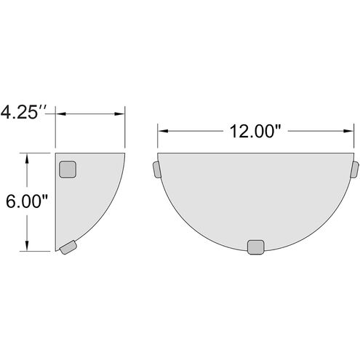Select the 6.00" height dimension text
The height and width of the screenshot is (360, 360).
[x=27, y=201]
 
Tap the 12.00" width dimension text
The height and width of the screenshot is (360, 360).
[x=255, y=132]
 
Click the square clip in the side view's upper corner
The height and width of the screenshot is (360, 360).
[x=68, y=169]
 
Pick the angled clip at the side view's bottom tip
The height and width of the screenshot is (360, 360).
[x=68, y=247]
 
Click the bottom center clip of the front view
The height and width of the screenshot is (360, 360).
[x=255, y=247]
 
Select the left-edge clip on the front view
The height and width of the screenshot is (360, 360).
[x=157, y=169]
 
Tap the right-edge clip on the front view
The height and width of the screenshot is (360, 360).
[x=355, y=169]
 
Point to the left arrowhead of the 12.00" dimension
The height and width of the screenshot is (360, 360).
[x=163, y=131]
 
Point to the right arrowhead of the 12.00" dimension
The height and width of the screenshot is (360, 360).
[x=348, y=131]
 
